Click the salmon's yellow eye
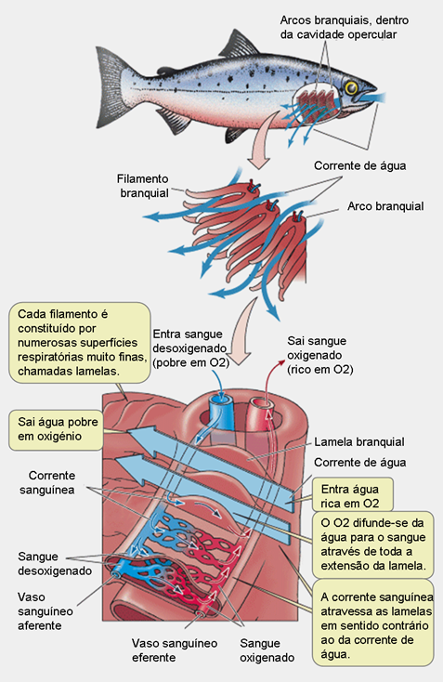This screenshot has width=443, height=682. (351, 88)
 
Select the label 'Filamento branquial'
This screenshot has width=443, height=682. (143, 186)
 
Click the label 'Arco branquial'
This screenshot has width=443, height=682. (385, 206)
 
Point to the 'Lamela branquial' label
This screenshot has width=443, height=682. (359, 442)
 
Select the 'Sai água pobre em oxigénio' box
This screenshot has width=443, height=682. (56, 430)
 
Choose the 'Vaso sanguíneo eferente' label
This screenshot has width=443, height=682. (175, 650)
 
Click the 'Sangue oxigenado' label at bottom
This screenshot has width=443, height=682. (267, 650)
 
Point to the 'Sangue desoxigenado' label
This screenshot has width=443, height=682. (55, 564)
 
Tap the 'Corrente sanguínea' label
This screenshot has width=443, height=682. (47, 483)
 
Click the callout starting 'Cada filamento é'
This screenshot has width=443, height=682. (80, 343)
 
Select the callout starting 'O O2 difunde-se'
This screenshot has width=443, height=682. (373, 544)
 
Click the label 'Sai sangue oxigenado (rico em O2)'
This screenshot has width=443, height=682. (320, 355)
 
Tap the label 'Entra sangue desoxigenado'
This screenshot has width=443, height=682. (190, 348)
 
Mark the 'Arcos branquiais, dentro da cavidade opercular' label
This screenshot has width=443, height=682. (345, 27)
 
